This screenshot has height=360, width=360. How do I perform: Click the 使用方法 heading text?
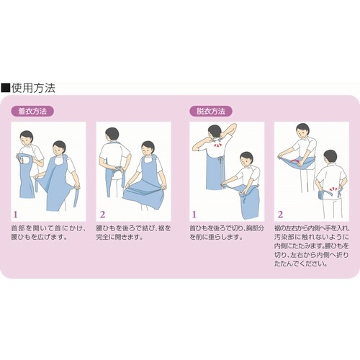(x=33, y=88)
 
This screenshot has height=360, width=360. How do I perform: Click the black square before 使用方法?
(x=5, y=88)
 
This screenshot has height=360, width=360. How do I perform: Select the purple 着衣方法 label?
(x=32, y=111)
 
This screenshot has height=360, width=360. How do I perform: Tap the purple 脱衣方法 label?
(x=211, y=111)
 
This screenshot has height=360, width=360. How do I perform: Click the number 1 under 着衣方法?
(x=16, y=215)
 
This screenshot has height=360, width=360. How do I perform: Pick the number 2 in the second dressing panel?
(x=102, y=215)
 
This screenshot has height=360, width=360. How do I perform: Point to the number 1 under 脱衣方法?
(x=194, y=215)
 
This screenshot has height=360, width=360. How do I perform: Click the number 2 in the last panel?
(x=280, y=215)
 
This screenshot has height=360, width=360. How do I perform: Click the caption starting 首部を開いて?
(x=48, y=233)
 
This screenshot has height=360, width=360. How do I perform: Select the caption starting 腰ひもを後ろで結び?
(x=133, y=233)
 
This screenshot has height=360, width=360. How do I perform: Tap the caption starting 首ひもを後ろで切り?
(x=227, y=233)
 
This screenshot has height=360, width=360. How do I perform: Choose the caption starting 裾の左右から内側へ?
(x=312, y=246)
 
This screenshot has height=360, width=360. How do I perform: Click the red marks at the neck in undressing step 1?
(x=217, y=145)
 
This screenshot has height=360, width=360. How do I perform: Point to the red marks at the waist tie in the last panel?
(x=332, y=189)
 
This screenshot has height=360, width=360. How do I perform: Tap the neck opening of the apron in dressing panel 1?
(x=25, y=159)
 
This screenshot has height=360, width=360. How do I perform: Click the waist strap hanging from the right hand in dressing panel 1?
(x=77, y=196)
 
